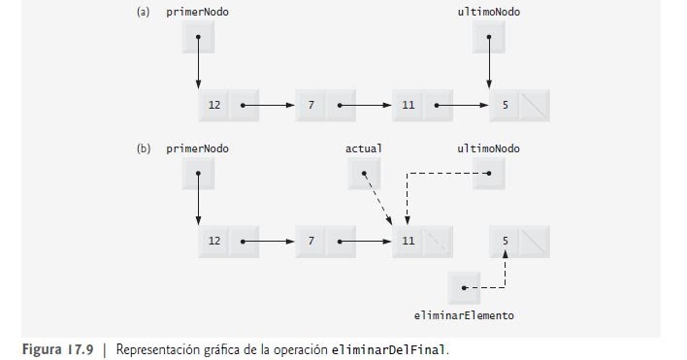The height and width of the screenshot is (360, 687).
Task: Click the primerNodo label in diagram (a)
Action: pyautogui.click(x=205, y=12)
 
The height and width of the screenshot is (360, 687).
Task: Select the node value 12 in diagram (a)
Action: pyautogui.click(x=213, y=105)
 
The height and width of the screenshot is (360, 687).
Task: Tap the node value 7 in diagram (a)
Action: pyautogui.click(x=311, y=105)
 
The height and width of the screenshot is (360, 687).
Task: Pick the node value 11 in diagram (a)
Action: pyautogui.click(x=408, y=105)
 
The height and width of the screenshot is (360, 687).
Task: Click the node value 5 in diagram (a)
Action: pyautogui.click(x=505, y=105)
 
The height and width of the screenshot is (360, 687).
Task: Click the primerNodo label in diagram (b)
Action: pyautogui.click(x=205, y=149)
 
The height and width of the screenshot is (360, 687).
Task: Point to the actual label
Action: pyautogui.click(x=364, y=149)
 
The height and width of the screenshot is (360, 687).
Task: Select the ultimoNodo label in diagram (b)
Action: pyautogui.click(x=488, y=149)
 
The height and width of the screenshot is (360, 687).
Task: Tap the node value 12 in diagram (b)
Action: pyautogui.click(x=213, y=240)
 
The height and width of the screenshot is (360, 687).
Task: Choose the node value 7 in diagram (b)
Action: pyautogui.click(x=311, y=240)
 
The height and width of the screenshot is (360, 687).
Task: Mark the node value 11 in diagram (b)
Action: pyautogui.click(x=408, y=240)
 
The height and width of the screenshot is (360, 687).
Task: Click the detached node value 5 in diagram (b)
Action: pyautogui.click(x=505, y=240)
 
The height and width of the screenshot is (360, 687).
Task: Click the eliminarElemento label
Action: pyautogui.click(x=464, y=315)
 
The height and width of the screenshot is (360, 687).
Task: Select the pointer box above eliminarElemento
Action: pyautogui.click(x=465, y=287)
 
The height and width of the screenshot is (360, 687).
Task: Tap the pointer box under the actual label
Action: pyautogui.click(x=364, y=174)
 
